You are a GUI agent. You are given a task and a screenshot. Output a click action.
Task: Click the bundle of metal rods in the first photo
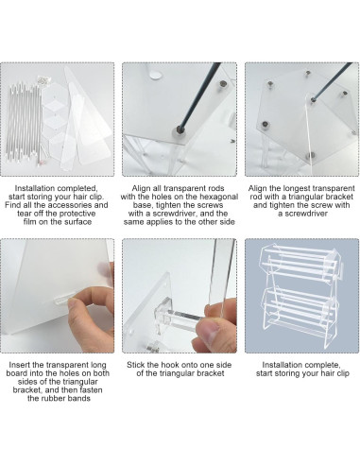26,118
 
